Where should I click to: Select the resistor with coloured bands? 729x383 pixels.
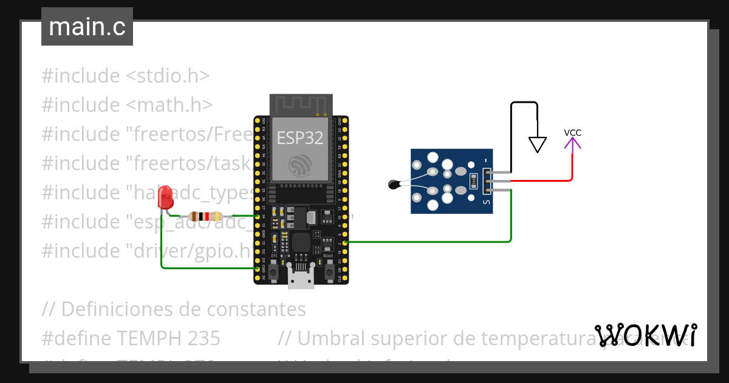(207, 216)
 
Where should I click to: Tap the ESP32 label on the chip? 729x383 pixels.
(300, 138)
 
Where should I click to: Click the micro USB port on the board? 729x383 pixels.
(300, 280)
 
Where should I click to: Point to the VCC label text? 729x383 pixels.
(573, 133)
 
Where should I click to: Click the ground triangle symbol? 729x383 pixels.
(538, 144)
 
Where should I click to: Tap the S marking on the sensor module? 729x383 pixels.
(486, 202)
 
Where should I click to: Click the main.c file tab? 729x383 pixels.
(87, 27)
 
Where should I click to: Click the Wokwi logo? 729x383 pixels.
(645, 336)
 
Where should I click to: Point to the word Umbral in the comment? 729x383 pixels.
(330, 338)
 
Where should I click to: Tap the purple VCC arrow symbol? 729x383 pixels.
(572, 144)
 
